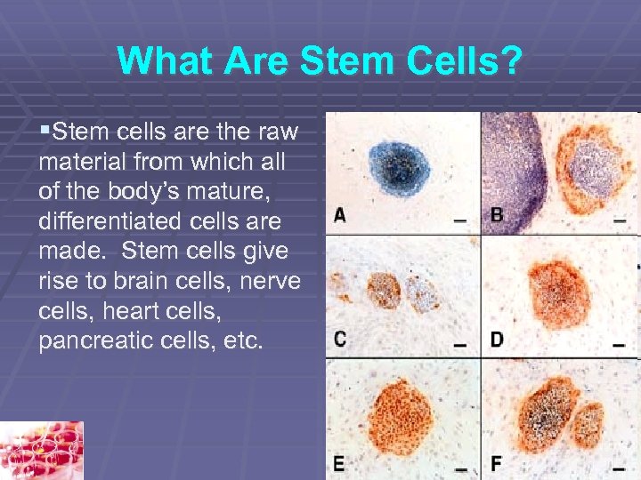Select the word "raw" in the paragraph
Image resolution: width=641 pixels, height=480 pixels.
point(281,133)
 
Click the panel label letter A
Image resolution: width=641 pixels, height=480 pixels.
point(340,215)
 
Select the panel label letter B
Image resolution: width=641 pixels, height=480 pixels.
point(497,215)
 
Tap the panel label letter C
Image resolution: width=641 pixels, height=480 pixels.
point(340,339)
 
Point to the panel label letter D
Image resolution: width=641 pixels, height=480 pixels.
point(497,339)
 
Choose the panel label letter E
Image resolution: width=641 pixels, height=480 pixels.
point(340,463)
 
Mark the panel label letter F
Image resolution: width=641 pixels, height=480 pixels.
point(497,463)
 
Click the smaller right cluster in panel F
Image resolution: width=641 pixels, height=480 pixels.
point(588,424)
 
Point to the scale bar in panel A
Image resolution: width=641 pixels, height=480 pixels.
point(459,220)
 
